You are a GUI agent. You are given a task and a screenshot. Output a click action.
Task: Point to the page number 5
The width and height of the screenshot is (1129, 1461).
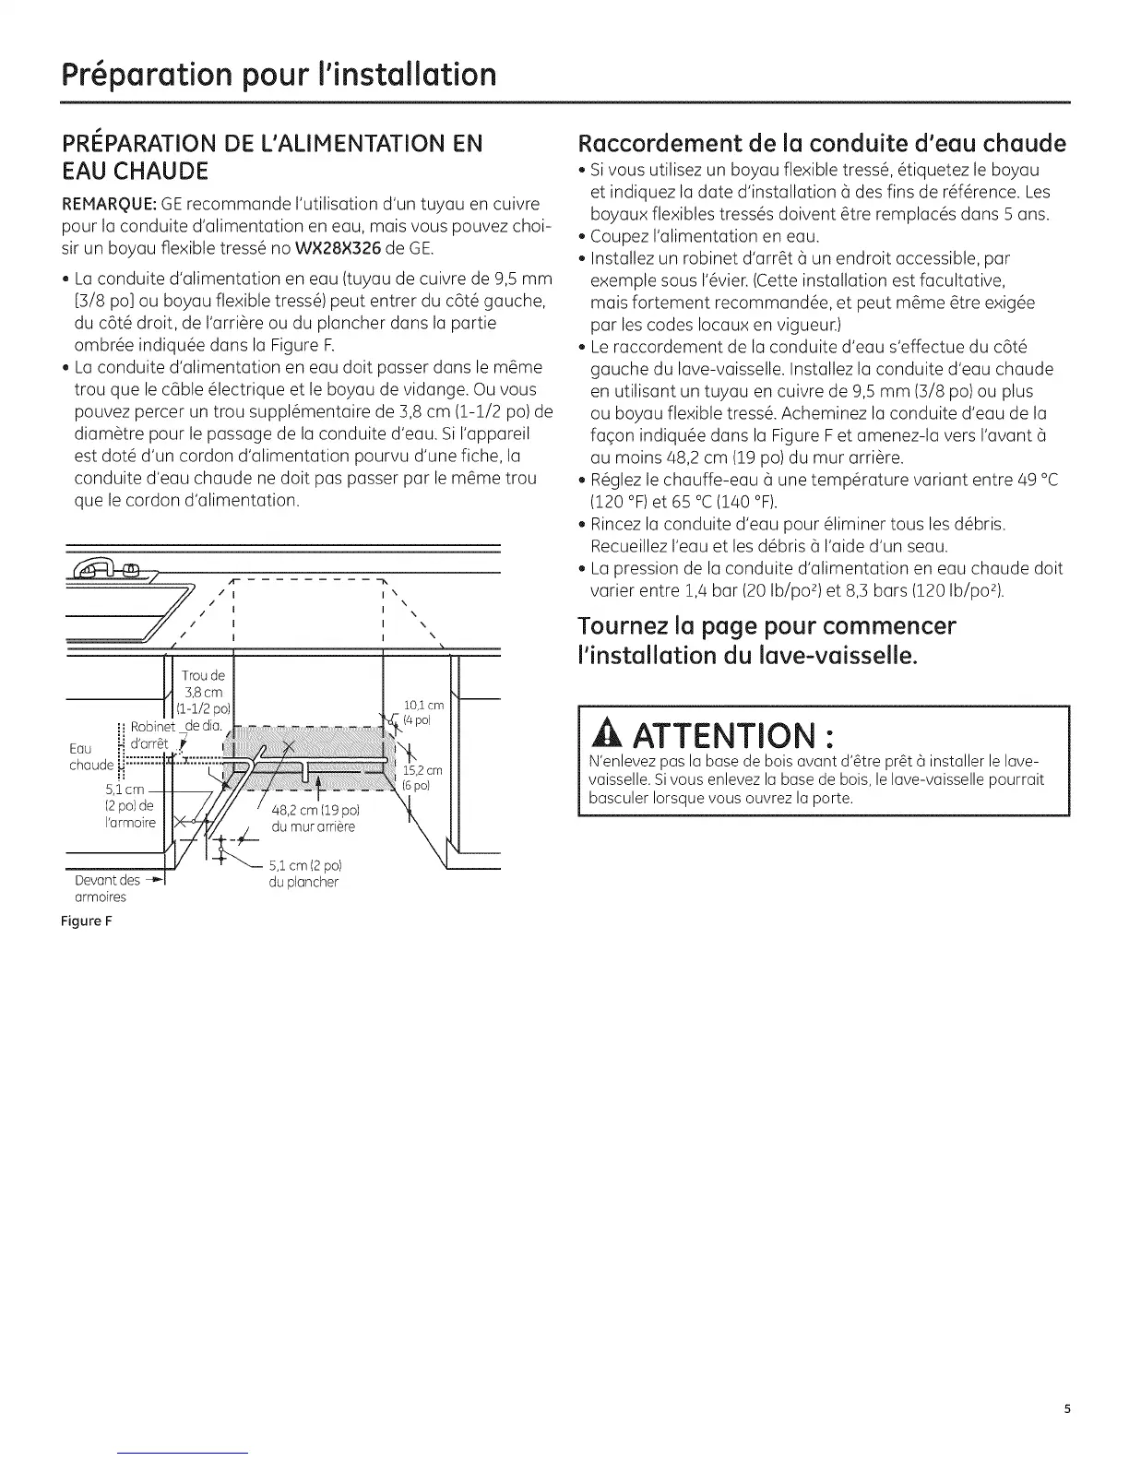click(1066, 1408)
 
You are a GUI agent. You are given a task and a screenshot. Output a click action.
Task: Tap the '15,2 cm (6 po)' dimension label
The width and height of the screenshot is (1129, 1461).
click(423, 778)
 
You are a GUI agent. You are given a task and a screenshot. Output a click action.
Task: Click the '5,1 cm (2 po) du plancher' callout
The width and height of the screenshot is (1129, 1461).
click(303, 873)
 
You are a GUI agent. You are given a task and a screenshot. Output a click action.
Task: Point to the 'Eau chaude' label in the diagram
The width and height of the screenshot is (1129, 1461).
click(90, 756)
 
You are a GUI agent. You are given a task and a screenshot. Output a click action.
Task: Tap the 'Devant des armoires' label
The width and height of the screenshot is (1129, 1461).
click(108, 888)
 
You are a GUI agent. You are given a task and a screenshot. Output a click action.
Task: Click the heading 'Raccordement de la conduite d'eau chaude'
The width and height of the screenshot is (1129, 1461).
click(821, 145)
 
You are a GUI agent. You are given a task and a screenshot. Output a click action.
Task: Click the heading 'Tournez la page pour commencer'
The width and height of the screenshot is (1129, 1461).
click(767, 626)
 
